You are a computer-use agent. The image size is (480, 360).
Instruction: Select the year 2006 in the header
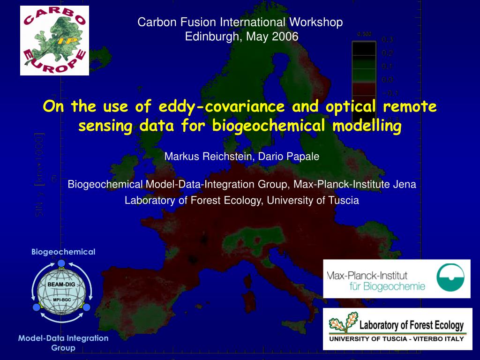tap(285, 36)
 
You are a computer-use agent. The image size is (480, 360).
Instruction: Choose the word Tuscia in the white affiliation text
tap(343, 201)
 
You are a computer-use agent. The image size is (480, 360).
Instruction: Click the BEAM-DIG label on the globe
tap(61, 285)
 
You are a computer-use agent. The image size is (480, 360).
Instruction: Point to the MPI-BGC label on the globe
tap(61, 299)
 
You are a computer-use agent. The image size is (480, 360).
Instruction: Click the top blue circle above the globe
tap(61, 263)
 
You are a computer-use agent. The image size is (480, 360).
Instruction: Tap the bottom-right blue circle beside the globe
tap(86, 307)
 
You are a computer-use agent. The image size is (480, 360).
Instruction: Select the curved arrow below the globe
tap(61, 319)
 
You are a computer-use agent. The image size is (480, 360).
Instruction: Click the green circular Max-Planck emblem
tap(450, 277)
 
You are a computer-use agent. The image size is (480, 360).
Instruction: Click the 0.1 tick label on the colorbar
tap(387, 66)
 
